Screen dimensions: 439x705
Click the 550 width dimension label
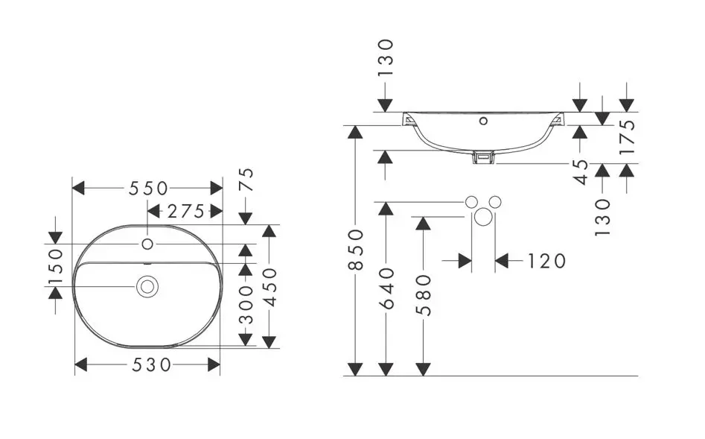coord(147,189)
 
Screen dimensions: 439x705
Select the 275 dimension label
coord(185,212)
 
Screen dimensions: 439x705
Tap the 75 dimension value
coord(246,180)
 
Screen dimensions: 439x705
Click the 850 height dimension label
coord(356,249)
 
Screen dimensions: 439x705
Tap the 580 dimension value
coord(423,294)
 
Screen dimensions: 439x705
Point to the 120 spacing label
coord(546,261)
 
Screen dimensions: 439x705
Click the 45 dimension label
coord(582,171)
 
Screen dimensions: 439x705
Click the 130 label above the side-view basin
coord(385,57)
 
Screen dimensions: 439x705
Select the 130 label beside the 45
coord(603,216)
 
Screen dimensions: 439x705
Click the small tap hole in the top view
coord(147,244)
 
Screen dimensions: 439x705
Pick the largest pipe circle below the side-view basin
coord(484,218)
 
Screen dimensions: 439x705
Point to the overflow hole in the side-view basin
coord(483,120)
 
